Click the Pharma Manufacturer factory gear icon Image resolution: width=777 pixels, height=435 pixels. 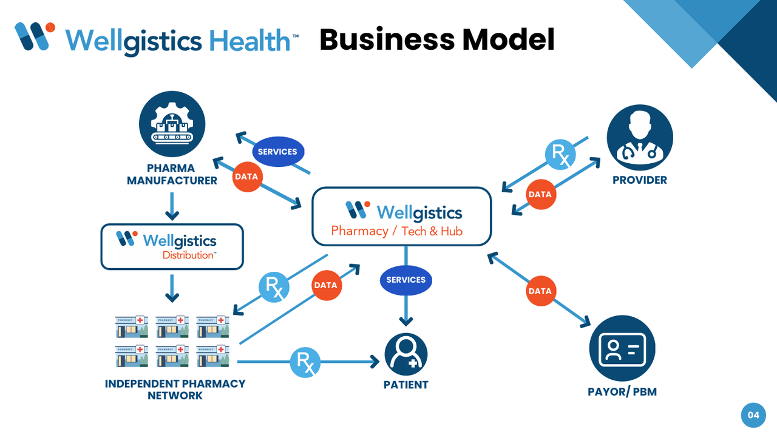[x=172, y=124]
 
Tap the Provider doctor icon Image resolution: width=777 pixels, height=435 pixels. [x=640, y=137]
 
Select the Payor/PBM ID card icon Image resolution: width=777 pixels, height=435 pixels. [x=622, y=348]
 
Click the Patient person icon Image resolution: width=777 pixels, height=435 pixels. [x=406, y=354]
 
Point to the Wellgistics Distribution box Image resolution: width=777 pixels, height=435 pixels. [x=172, y=246]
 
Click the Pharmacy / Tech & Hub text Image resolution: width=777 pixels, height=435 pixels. [x=396, y=231]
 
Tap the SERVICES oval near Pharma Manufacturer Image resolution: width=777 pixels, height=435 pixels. [x=277, y=152]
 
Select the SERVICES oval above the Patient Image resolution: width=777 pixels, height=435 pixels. [x=405, y=280]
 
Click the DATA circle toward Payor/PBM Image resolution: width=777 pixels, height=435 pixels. [x=540, y=291]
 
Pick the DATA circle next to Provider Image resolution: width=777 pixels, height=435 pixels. [x=540, y=194]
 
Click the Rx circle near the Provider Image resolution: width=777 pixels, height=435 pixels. [x=560, y=155]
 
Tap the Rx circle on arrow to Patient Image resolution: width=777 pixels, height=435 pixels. [x=305, y=362]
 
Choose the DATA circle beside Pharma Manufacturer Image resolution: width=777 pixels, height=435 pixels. [x=246, y=177]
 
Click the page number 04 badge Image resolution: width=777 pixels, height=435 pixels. [x=753, y=416]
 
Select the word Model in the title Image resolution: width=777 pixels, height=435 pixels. [x=508, y=39]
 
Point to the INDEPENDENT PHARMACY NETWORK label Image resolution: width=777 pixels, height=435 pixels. [x=175, y=389]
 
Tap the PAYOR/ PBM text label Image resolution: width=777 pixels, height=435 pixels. [x=622, y=392]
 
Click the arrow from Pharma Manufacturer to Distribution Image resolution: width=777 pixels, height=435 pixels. [x=172, y=206]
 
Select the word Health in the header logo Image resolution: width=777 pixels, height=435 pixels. [x=249, y=41]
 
